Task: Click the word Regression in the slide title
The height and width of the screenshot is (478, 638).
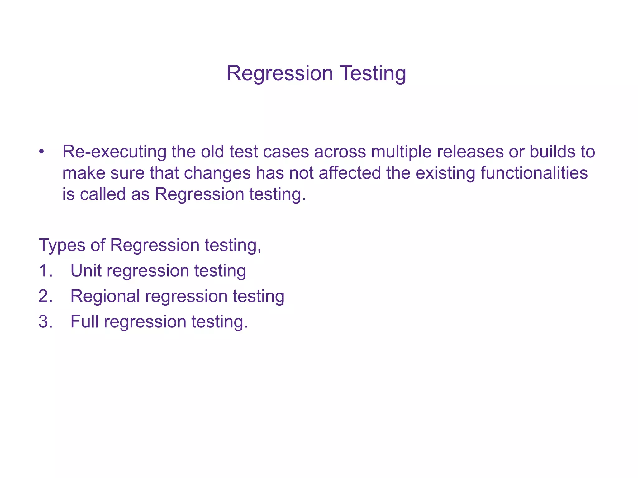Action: [x=279, y=73]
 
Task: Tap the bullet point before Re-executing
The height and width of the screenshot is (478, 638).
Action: [x=42, y=152]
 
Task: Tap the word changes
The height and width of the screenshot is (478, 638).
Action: [x=217, y=173]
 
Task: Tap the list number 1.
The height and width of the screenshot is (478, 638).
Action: [x=45, y=270]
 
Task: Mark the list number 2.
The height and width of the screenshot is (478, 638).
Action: [x=45, y=296]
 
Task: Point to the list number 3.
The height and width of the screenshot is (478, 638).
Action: [x=45, y=321]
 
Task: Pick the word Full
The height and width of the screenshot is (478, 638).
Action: [x=84, y=321]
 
